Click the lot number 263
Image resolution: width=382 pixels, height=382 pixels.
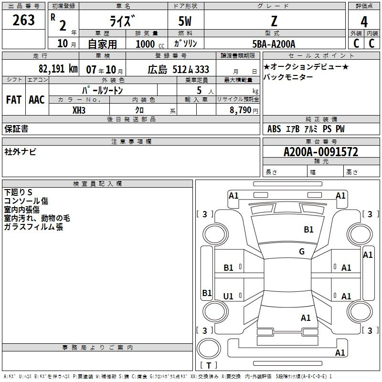24,21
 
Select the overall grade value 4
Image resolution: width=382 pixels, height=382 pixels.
364,21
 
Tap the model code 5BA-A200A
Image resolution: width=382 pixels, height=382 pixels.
274,44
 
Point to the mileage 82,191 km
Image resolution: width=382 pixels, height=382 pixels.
58,69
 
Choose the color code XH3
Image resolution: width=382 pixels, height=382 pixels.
79,110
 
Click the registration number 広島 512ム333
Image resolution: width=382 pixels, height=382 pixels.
179,69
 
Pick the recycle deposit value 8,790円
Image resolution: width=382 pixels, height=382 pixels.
243,110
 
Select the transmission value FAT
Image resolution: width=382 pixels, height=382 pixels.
14,100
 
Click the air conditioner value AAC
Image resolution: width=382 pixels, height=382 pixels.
37,100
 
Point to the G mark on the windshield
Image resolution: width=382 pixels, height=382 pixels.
302,252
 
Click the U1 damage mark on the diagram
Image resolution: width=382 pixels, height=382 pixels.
229,297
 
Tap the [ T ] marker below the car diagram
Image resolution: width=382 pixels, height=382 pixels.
208,365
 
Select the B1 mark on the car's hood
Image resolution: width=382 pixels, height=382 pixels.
309,230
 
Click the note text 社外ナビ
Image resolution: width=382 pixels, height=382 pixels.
20,151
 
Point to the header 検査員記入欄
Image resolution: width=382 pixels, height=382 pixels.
97,184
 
